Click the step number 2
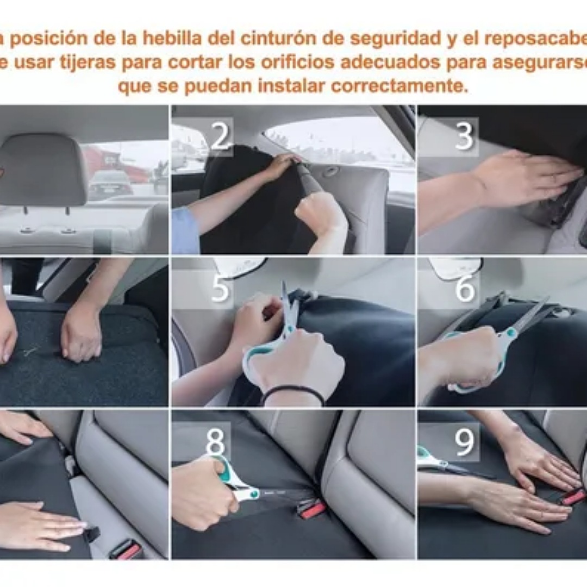[x=220, y=136]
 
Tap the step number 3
[x=464, y=136]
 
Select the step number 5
[x=220, y=289]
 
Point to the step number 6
[x=465, y=289]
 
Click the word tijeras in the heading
[x=91, y=63]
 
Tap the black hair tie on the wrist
[x=293, y=392]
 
